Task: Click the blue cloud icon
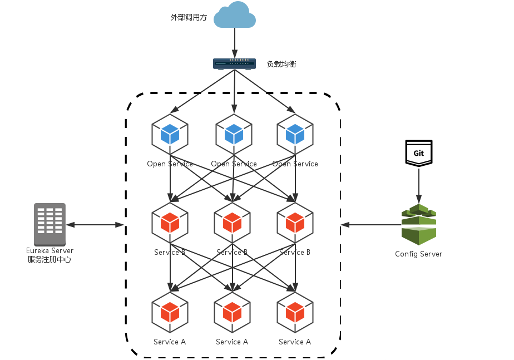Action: (x=235, y=15)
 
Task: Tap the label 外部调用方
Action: (x=189, y=17)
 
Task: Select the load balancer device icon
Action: (x=234, y=63)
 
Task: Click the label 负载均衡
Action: (x=281, y=64)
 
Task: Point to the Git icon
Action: (x=419, y=153)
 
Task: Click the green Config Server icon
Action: (x=419, y=224)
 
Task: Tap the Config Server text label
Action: (x=419, y=254)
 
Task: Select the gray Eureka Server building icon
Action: (x=50, y=224)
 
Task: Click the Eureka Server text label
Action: (x=50, y=250)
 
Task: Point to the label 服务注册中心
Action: (x=50, y=259)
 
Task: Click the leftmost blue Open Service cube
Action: (x=170, y=135)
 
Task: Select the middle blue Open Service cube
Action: (x=234, y=135)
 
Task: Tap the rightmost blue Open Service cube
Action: (x=295, y=135)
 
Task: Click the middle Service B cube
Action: (x=232, y=223)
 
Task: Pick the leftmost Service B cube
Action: (x=170, y=223)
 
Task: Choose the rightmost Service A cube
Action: (x=295, y=313)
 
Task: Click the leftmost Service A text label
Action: (x=170, y=342)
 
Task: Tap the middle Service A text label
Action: (x=232, y=342)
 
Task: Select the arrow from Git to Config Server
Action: (x=419, y=185)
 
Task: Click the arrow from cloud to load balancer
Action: (x=235, y=43)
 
